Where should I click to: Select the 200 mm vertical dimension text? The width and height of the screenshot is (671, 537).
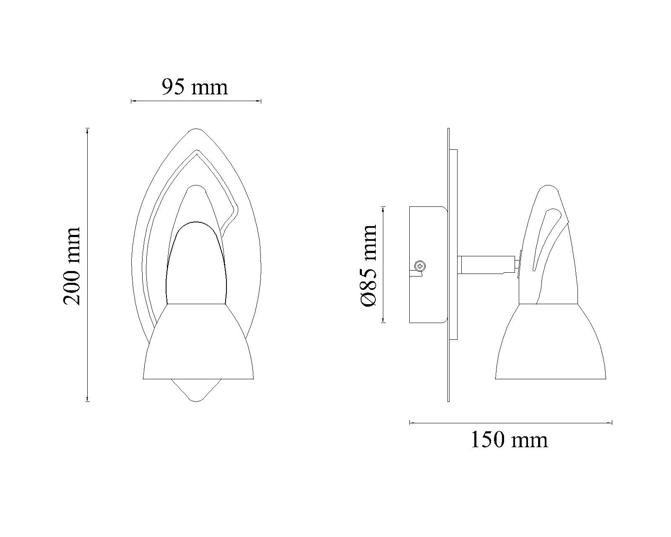[72, 266]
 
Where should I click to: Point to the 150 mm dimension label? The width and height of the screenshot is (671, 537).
[509, 440]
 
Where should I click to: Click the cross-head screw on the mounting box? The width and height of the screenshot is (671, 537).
[420, 266]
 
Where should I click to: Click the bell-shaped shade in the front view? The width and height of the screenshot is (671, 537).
[198, 341]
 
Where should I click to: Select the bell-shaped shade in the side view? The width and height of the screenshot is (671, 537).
[550, 341]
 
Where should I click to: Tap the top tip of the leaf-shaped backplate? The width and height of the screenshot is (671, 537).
[196, 128]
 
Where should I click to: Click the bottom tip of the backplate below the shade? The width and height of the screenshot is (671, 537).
[196, 401]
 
